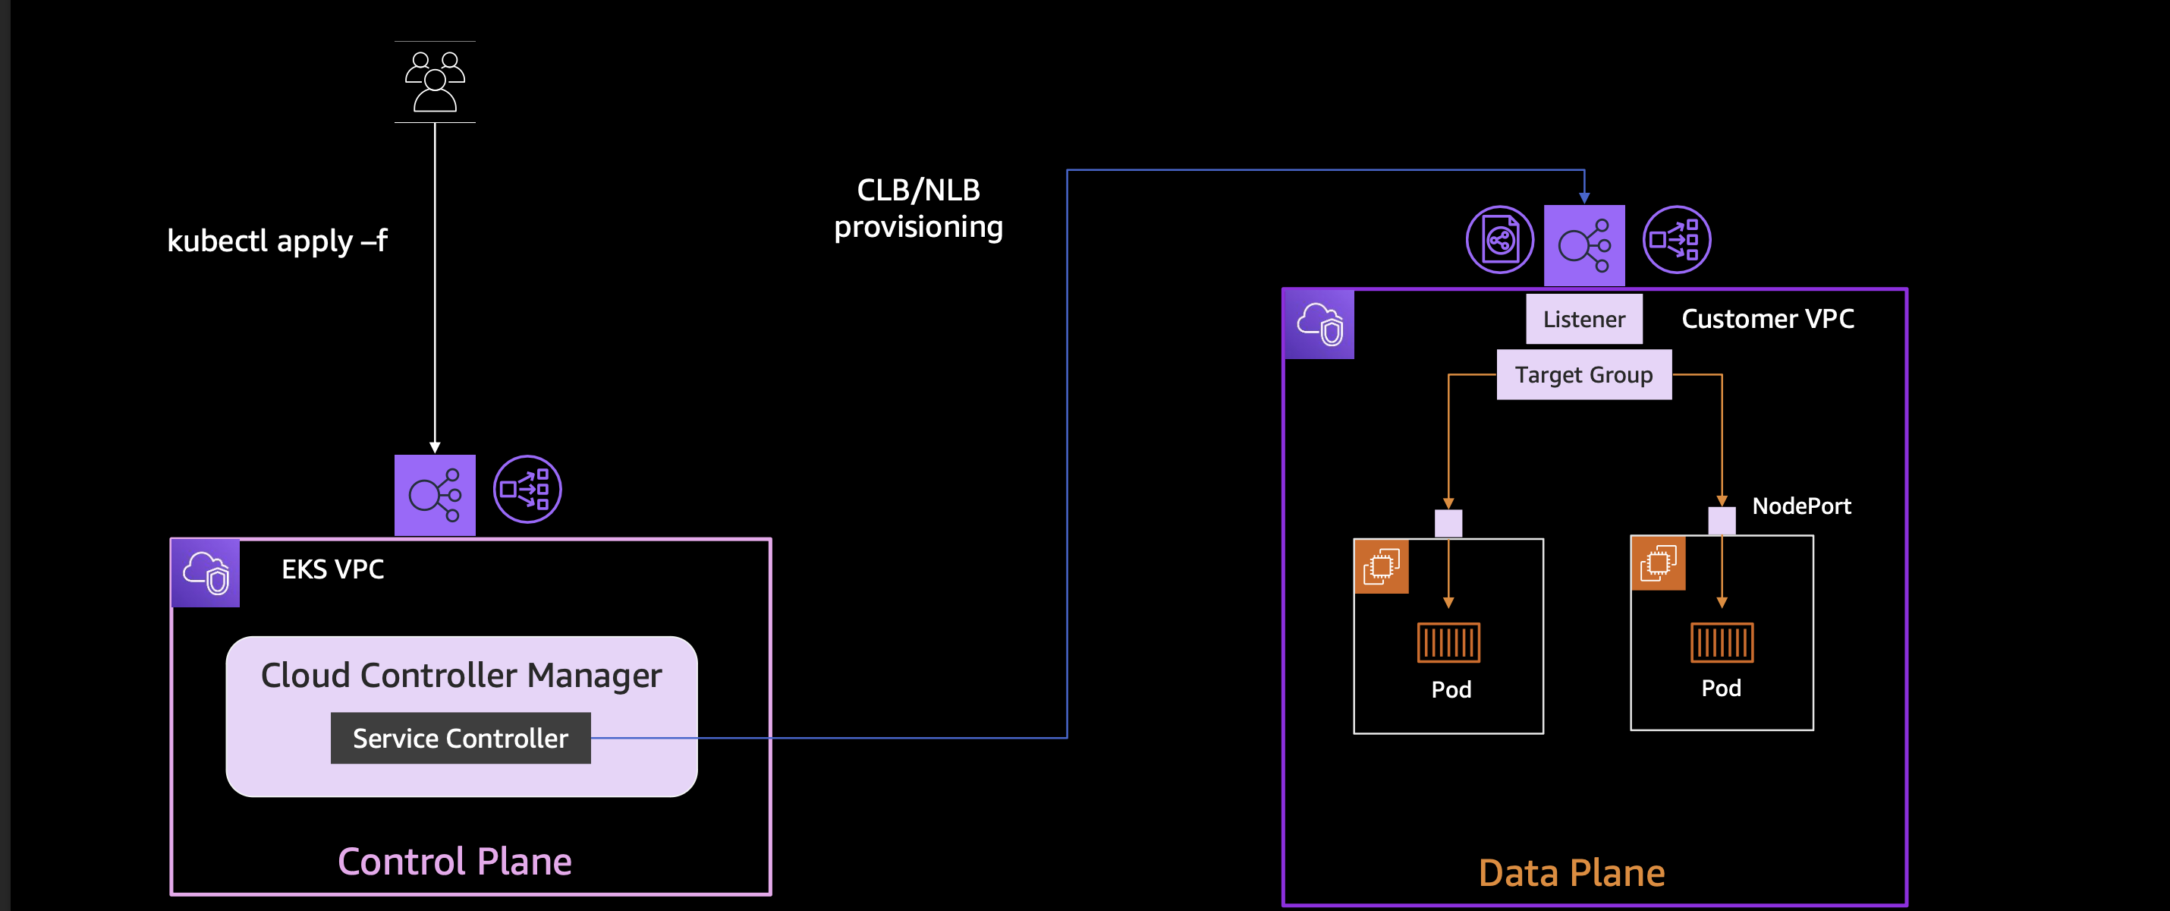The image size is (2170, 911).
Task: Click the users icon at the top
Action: click(435, 82)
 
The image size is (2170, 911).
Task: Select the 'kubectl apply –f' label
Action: click(277, 241)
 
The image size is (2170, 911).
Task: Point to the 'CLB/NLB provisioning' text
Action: click(918, 208)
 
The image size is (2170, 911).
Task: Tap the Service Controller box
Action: click(461, 738)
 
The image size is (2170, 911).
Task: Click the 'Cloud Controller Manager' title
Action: click(461, 676)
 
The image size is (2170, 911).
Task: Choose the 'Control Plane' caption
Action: click(455, 862)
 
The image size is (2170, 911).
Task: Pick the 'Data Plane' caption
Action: click(1571, 873)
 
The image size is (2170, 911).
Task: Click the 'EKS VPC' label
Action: click(333, 569)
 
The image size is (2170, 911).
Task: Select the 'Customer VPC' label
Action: click(1767, 319)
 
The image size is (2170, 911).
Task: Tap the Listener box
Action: click(1583, 320)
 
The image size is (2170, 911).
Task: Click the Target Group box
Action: click(1583, 375)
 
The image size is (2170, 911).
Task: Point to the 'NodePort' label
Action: click(1801, 506)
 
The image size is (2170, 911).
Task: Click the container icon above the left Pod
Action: click(1448, 643)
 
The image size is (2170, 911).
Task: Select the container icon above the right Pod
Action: click(1721, 642)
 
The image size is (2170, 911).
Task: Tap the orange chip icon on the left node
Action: click(1382, 566)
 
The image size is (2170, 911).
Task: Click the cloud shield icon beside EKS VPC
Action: click(206, 573)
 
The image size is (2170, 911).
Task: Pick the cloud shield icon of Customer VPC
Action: click(1319, 324)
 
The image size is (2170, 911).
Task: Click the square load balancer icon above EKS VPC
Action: click(435, 495)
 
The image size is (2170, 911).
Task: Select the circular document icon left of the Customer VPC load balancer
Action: click(1499, 240)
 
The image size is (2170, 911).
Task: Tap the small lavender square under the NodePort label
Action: click(1721, 520)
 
